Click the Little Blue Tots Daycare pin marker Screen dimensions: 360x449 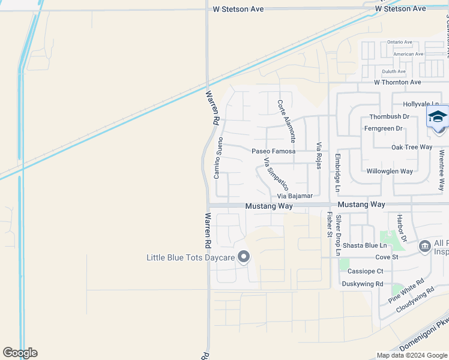tap(244, 257)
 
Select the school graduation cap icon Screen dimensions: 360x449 tap(438, 116)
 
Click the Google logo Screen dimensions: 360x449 tap(20, 353)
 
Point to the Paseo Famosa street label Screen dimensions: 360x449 tap(273, 151)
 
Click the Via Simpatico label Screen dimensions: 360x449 tap(276, 174)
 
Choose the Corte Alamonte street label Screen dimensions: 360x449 tap(286, 120)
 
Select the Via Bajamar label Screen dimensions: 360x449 tap(295, 196)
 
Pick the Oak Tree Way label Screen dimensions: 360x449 tap(412, 147)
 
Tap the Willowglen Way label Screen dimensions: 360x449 tap(390, 171)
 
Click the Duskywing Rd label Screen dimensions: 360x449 tap(362, 284)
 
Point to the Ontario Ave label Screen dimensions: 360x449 tap(400, 42)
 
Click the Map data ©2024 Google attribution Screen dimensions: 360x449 tap(412, 355)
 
